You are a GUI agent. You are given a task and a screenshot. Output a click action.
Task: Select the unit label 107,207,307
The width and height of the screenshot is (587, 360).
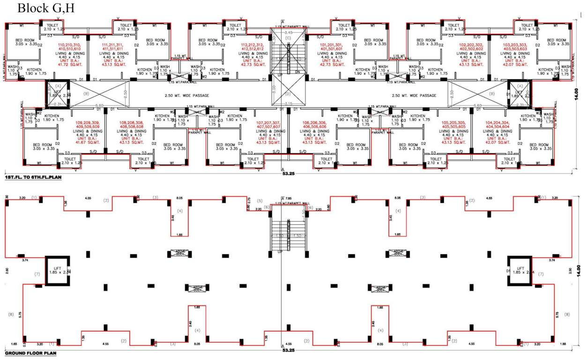click(269, 123)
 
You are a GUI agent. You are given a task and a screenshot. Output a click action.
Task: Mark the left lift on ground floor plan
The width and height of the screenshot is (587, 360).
click(57, 270)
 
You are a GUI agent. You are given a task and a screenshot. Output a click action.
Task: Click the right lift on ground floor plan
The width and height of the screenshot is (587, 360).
click(520, 270)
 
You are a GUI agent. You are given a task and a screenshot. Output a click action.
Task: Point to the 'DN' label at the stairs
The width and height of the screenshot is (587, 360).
click(297, 72)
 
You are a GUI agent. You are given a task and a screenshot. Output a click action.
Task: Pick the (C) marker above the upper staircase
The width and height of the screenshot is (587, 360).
click(288, 37)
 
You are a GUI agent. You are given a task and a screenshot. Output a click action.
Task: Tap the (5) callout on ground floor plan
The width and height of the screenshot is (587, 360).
click(260, 201)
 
